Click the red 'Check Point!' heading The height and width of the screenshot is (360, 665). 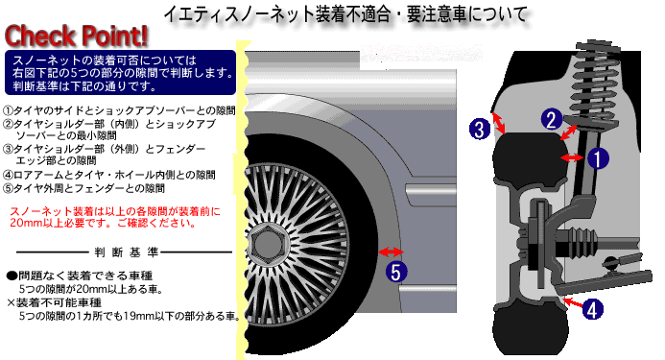click(x=77, y=35)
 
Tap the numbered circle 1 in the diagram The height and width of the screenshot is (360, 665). click(x=597, y=154)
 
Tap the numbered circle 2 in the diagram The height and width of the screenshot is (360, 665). click(x=551, y=119)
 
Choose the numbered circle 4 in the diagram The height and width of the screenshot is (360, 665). click(x=593, y=310)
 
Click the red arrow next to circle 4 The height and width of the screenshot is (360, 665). click(x=571, y=302)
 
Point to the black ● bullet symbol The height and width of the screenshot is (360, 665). click(x=11, y=274)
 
